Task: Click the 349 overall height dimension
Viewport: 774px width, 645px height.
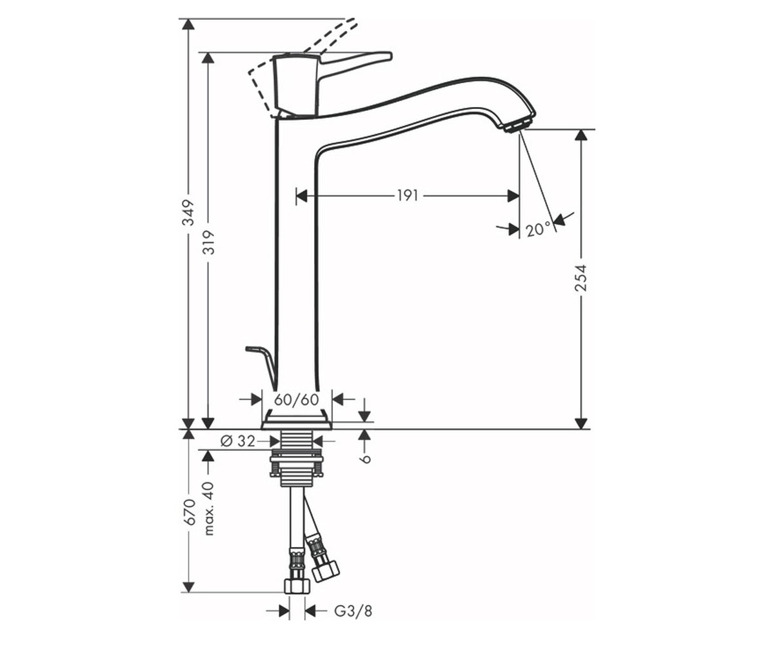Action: (190, 212)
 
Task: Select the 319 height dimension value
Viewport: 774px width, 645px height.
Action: (210, 243)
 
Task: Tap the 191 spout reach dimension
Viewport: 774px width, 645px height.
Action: (408, 195)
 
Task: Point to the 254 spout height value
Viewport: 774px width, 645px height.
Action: (581, 277)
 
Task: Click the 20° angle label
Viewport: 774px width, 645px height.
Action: (538, 230)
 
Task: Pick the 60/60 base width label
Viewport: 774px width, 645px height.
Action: (297, 400)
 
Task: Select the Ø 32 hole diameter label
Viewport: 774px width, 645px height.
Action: (237, 441)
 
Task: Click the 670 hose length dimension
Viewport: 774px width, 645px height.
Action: (190, 512)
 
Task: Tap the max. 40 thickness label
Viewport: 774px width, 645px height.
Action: (209, 508)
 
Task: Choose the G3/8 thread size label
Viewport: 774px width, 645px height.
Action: (353, 611)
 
